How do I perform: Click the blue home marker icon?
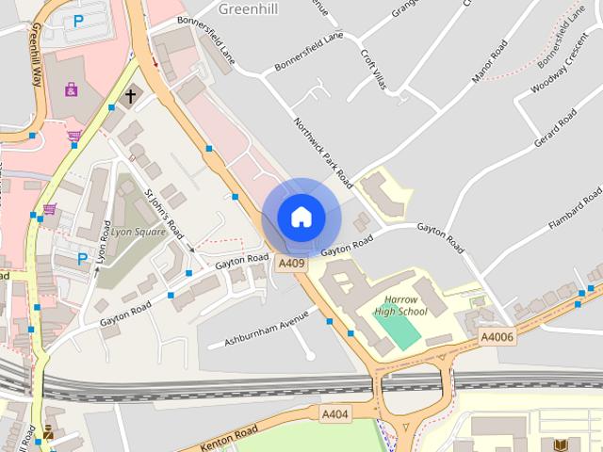tap(301, 217)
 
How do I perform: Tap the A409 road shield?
tap(292, 264)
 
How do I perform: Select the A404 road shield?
tap(334, 413)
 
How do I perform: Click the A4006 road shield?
tap(497, 337)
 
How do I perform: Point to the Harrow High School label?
tap(400, 305)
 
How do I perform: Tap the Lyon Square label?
tap(139, 232)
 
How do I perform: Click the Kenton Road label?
tap(231, 436)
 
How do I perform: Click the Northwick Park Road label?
tap(322, 152)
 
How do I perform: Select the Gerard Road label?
tap(555, 129)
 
